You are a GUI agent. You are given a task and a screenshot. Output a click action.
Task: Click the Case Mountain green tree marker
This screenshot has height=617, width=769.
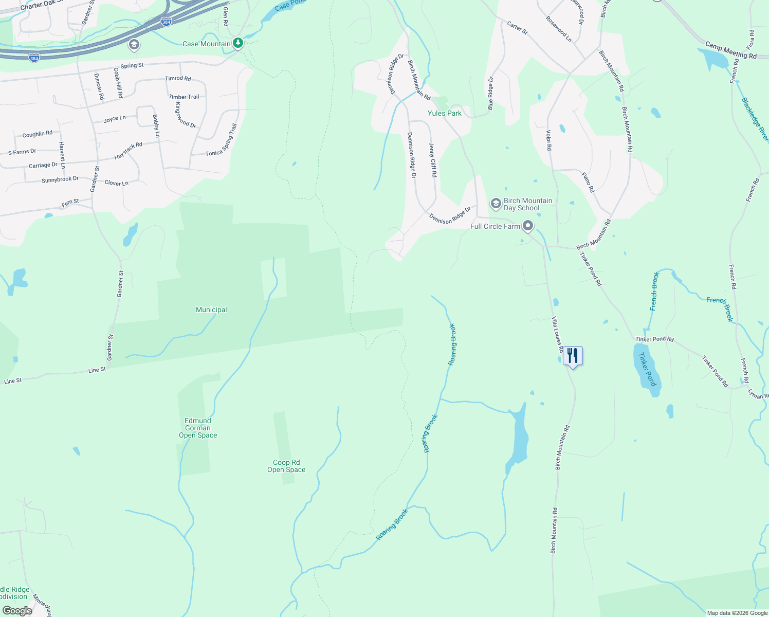237,43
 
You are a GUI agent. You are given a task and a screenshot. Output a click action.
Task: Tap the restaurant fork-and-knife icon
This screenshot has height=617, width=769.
573,356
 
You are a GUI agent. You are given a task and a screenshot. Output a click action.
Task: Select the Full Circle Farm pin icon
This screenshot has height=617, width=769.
527,226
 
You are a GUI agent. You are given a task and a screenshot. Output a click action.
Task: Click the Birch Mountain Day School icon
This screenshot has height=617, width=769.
496,204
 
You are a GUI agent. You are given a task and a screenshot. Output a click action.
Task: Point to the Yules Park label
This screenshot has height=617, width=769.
445,113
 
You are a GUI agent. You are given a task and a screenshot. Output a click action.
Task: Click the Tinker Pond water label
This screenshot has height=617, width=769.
647,369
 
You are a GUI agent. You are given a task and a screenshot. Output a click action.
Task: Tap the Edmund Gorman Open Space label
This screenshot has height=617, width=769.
198,428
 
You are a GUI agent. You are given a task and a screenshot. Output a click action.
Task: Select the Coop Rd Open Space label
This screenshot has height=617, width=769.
286,466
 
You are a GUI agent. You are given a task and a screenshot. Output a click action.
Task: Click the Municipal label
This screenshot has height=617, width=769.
211,310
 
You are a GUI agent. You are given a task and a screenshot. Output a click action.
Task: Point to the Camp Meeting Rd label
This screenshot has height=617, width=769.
730,50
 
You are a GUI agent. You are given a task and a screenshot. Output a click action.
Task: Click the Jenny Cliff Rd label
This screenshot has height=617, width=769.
432,160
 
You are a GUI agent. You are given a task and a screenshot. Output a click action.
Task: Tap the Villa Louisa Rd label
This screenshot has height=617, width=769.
557,335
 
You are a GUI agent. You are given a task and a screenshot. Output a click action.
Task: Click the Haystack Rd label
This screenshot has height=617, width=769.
128,151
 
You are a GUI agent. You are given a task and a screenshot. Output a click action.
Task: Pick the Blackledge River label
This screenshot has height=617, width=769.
755,119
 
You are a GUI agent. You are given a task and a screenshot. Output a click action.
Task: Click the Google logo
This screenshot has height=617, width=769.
17,611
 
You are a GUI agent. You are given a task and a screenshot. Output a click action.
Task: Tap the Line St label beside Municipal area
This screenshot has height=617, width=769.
97,370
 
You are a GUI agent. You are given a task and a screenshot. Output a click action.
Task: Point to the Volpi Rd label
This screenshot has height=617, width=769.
548,140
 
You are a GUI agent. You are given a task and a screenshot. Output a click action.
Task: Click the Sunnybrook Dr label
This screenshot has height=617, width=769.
60,179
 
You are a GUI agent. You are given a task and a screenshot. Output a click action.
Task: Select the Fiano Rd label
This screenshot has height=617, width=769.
588,182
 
